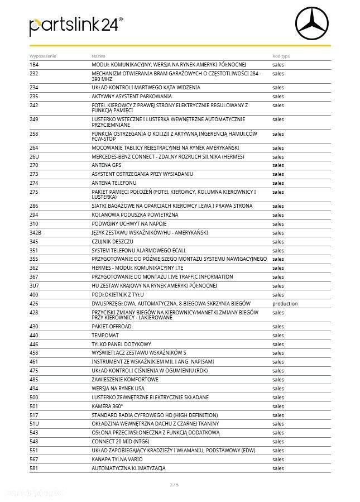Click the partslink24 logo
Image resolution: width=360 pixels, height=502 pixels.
tap(76, 25)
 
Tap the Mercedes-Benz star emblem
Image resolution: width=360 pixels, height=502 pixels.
tap(313, 22)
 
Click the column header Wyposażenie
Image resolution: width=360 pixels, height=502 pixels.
tap(42, 56)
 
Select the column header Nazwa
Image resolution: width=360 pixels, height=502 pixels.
tap(98, 56)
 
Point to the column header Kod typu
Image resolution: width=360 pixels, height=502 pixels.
tap(281, 56)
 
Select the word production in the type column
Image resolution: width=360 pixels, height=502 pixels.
tap(285, 304)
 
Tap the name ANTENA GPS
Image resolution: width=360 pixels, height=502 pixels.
tap(106, 165)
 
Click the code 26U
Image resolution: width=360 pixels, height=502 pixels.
tap(34, 156)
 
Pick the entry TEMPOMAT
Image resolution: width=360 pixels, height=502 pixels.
tap(104, 335)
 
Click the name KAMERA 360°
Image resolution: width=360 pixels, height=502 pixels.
tap(107, 406)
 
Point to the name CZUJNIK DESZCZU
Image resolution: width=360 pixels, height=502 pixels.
tap(112, 241)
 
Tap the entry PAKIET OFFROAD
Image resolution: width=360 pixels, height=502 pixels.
tap(112, 326)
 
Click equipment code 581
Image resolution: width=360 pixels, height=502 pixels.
tap(33, 468)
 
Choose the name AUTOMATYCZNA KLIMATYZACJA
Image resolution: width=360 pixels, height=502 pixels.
tap(128, 468)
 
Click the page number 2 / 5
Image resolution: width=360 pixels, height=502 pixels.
tap(174, 485)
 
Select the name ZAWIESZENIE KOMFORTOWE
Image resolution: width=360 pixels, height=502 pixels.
tap(124, 379)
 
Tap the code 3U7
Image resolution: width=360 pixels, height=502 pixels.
tap(34, 286)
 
